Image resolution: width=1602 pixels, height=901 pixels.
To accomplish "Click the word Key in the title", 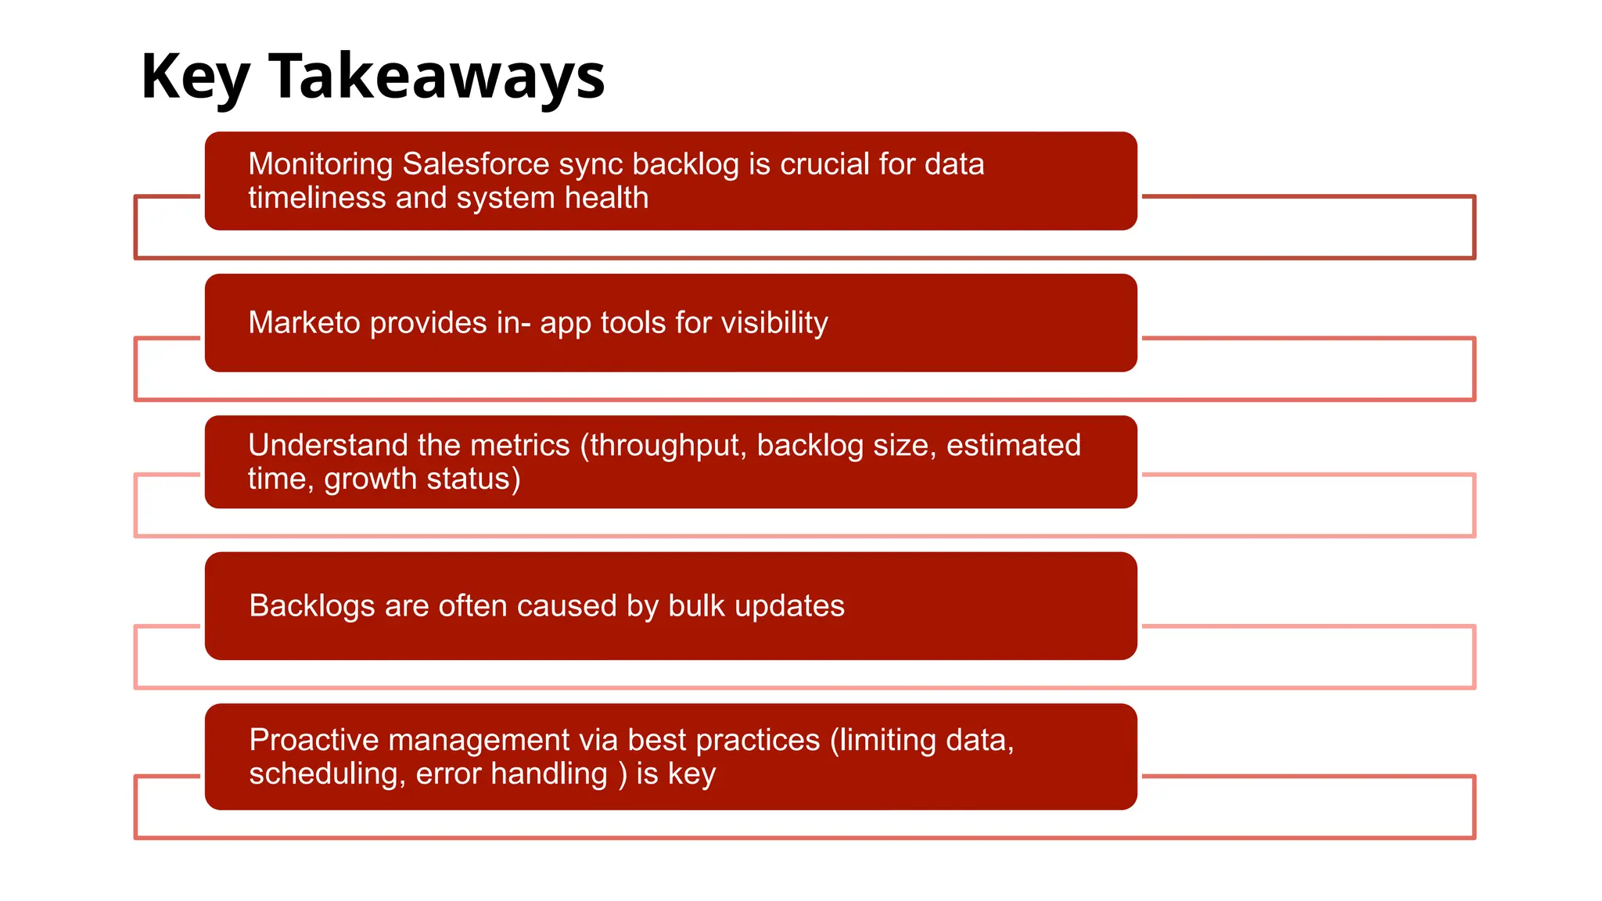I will [195, 77].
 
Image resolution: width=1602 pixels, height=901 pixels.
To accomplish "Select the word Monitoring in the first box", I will [321, 164].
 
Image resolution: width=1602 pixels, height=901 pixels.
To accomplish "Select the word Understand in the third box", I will [328, 445].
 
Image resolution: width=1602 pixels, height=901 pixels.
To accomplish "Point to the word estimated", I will [1013, 445].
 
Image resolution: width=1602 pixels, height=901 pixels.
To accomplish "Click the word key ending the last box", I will [691, 774].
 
